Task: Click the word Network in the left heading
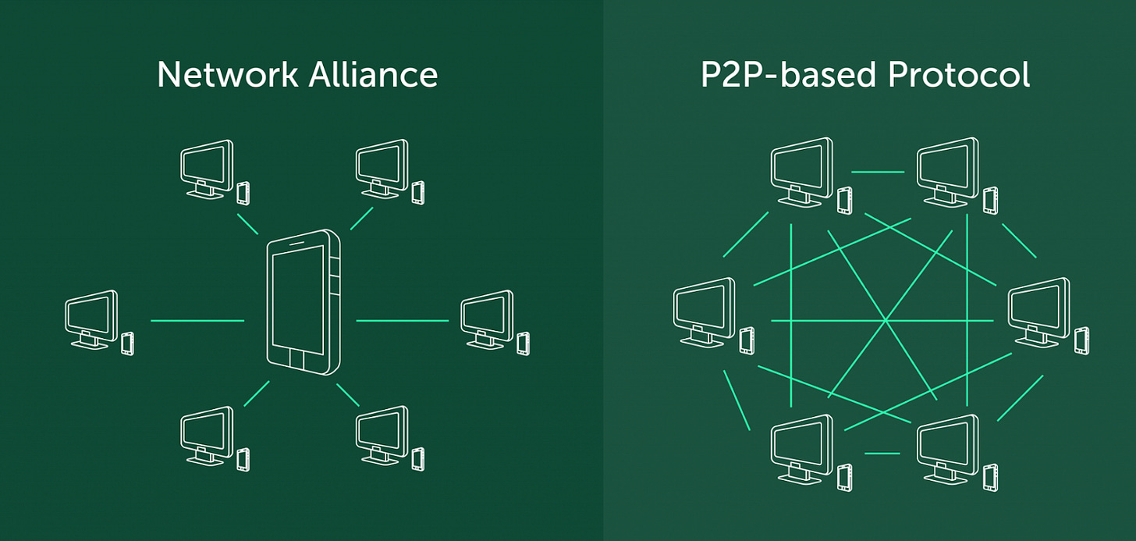[x=227, y=75]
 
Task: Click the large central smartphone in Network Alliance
[x=303, y=298]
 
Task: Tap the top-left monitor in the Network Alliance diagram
[x=206, y=166]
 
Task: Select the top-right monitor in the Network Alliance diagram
[x=381, y=166]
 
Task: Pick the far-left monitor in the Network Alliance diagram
[x=90, y=317]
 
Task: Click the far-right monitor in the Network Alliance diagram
[x=486, y=317]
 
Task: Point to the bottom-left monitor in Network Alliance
[x=206, y=432]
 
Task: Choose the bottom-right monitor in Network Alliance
[x=381, y=432]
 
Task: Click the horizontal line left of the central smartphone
[x=197, y=321]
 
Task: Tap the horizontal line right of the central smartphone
[x=402, y=321]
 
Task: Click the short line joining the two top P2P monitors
[x=877, y=171]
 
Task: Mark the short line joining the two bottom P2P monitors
[x=882, y=453]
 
